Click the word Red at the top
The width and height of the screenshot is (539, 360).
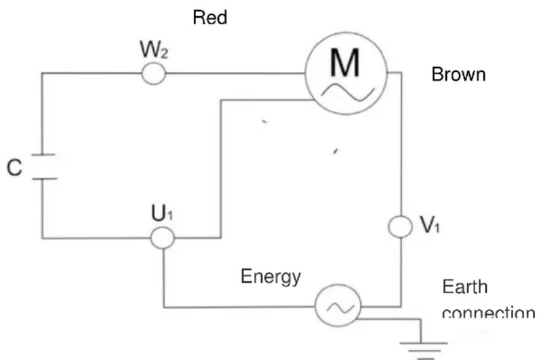(210, 18)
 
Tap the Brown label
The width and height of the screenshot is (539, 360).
(458, 75)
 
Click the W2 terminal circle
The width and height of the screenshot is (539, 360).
(154, 73)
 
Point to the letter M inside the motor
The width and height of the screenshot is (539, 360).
(346, 63)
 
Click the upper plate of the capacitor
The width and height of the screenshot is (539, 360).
(42, 157)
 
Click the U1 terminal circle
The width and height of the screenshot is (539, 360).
(163, 237)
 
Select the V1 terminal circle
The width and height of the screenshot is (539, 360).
(401, 226)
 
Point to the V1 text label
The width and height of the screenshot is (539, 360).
(430, 226)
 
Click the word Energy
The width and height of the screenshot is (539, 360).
(271, 277)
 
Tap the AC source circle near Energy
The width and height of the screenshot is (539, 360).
(336, 307)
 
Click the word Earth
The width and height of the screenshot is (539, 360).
(465, 287)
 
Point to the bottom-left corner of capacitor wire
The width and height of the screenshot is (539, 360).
(42, 238)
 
